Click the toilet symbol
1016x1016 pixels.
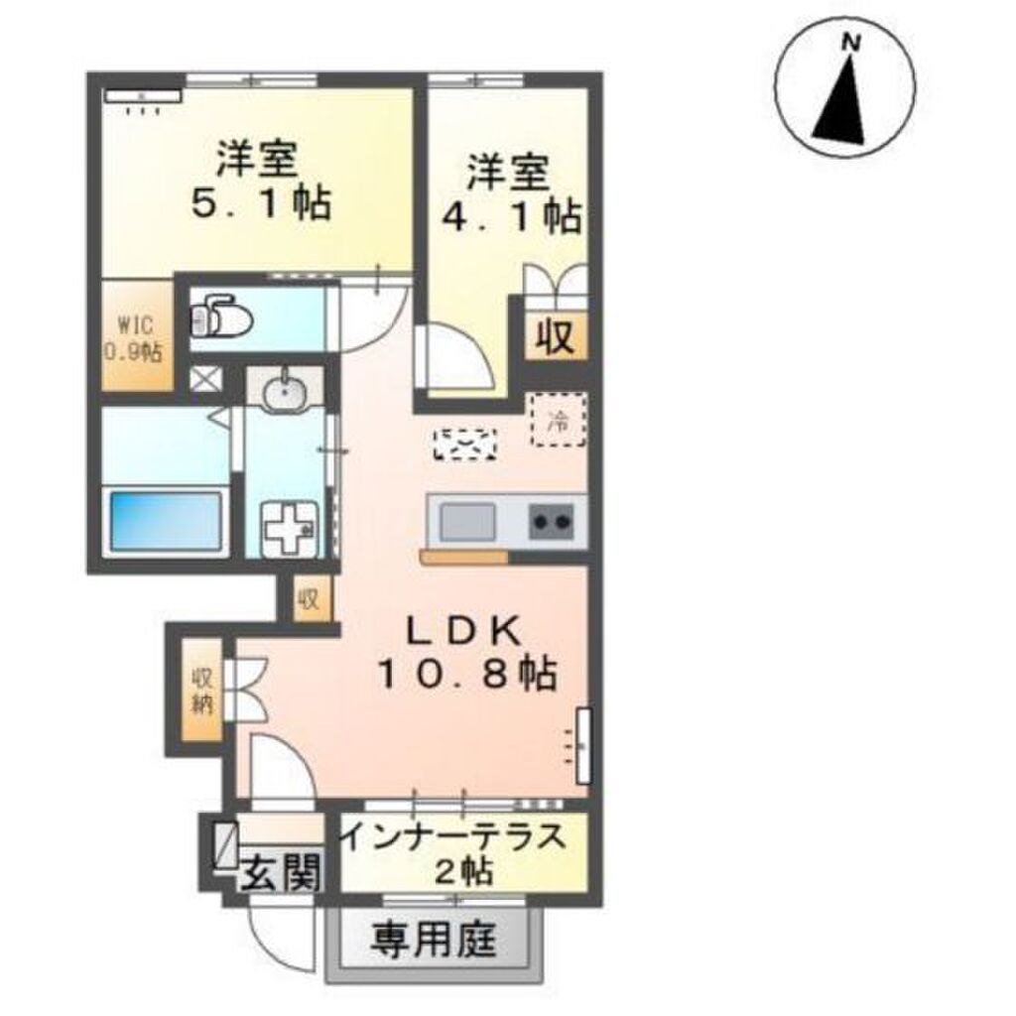point(221,317)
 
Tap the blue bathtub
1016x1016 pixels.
point(166,522)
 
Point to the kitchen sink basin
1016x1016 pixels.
point(468,522)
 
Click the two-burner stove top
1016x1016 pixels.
point(552,522)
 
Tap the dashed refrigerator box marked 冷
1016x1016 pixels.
point(559,420)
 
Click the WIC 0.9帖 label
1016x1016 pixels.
point(134,338)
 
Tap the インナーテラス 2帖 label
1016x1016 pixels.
point(453,854)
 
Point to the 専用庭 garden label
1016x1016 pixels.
point(434,939)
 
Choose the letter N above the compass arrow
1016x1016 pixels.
point(850,44)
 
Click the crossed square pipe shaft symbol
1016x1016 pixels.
point(205,378)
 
